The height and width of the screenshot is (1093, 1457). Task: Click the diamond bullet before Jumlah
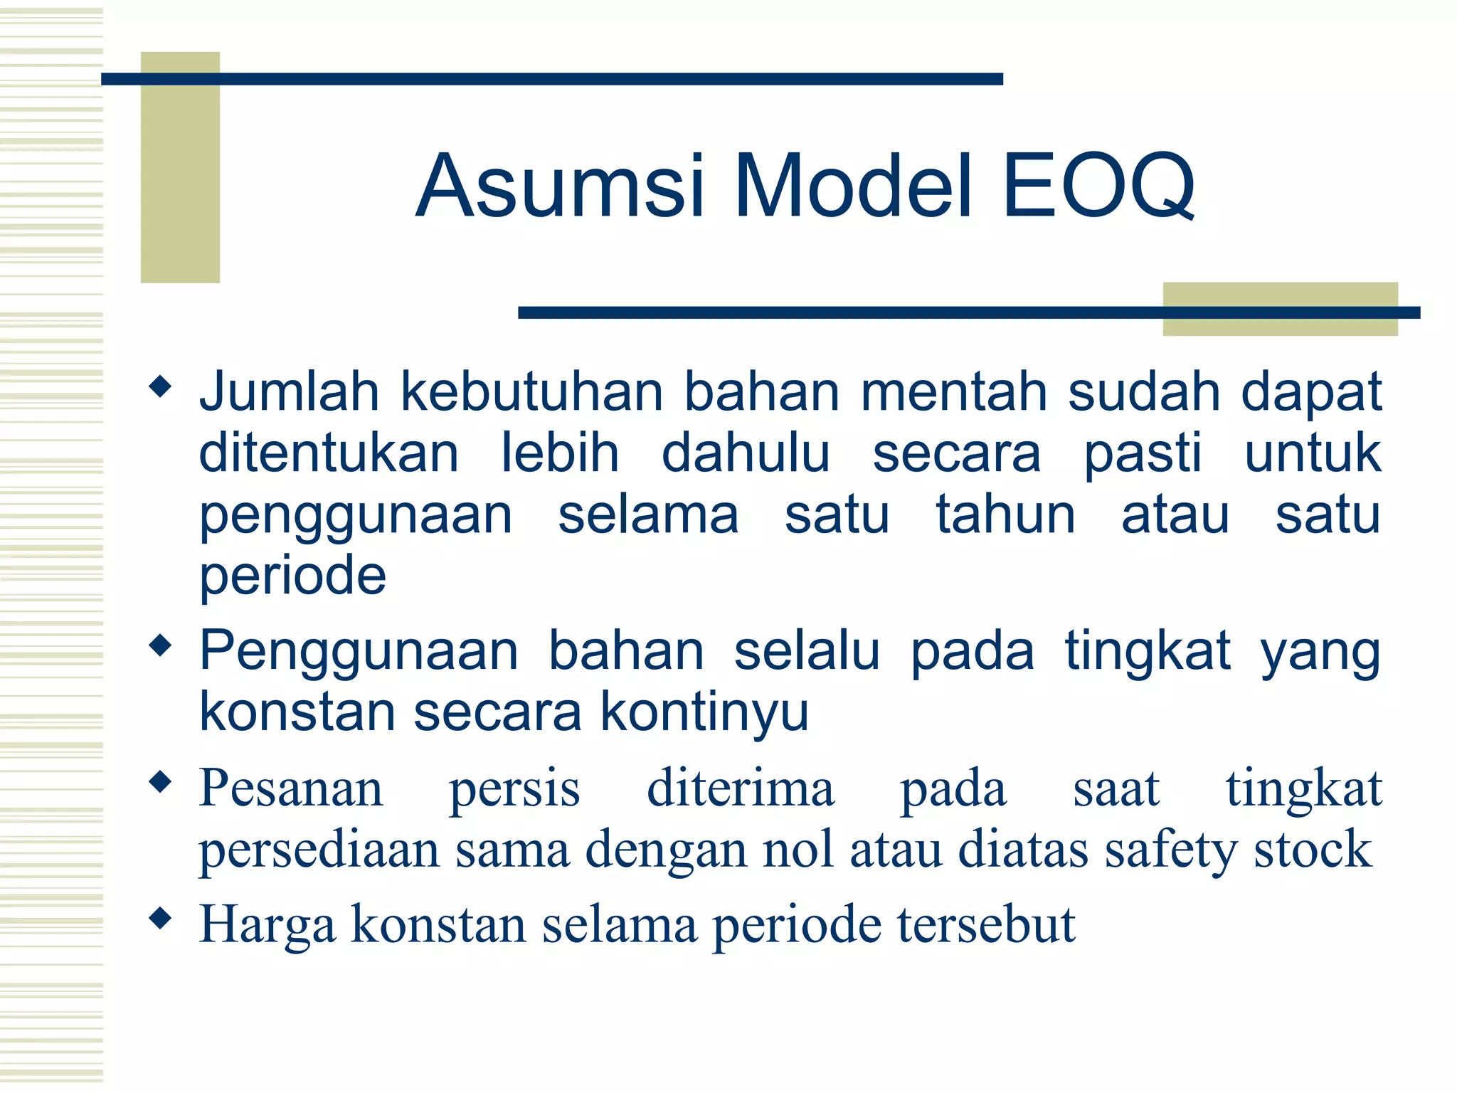click(x=161, y=387)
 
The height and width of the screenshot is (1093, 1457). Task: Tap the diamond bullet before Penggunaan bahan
click(x=161, y=645)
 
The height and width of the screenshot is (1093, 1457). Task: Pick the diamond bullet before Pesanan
click(x=161, y=783)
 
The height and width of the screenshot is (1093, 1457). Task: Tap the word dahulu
click(x=746, y=453)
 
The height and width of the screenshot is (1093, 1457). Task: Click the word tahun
click(x=1005, y=515)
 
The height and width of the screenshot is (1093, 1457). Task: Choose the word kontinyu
click(x=704, y=712)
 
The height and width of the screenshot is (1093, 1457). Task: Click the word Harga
click(x=267, y=925)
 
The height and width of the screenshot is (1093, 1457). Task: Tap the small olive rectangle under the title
click(x=1280, y=309)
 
